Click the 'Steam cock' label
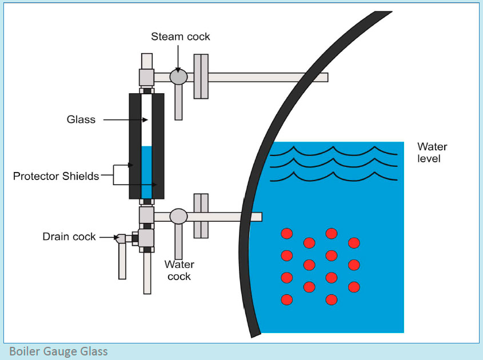pos(180,37)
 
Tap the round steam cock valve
pos(179,77)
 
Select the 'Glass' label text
pos(81,119)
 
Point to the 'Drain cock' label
pos(69,236)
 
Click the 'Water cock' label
pos(179,270)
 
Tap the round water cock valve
pos(179,216)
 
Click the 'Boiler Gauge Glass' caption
pos(58,351)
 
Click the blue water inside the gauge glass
pos(146,171)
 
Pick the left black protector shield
pos(134,146)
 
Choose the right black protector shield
pos(158,146)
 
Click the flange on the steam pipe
pos(201,77)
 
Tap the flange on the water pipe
pos(200,216)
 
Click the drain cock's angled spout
pos(121,239)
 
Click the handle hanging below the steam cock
pos(178,103)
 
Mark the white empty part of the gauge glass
pos(146,120)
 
